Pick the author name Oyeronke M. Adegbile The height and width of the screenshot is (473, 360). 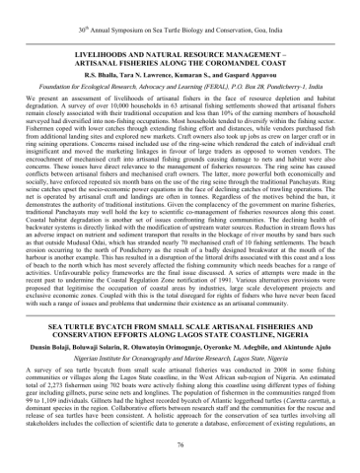tap(237, 363)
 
